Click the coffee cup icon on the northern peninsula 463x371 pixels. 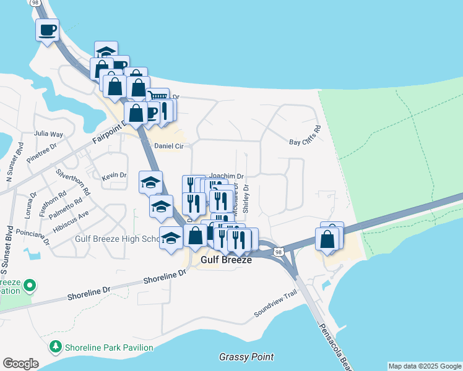pos(47,30)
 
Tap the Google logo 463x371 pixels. pos(20,364)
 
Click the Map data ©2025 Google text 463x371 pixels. pos(425,366)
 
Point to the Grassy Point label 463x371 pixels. pos(246,357)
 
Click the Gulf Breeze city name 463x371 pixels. pos(227,260)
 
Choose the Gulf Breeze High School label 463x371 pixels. pos(118,239)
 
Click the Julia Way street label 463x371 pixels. pos(49,134)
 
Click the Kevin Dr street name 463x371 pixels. pos(114,176)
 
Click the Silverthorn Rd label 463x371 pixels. pos(73,182)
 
